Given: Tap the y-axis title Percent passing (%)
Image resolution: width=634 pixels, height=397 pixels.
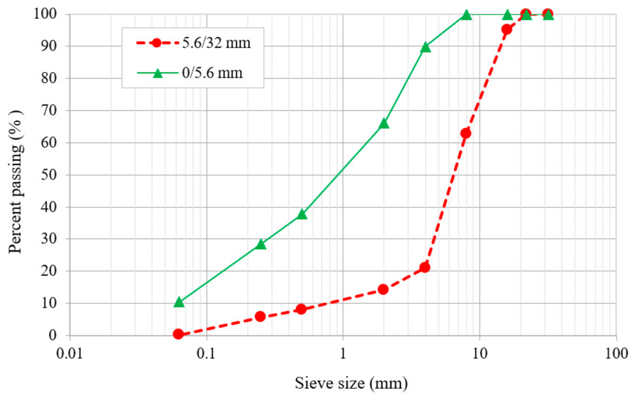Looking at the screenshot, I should tap(15, 182).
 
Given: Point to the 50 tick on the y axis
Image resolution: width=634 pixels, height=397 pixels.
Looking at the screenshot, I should tap(49, 175).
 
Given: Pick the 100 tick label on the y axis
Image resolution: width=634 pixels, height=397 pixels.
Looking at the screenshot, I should tap(45, 14).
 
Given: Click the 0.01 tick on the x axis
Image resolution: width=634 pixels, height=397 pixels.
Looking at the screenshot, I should tap(69, 353).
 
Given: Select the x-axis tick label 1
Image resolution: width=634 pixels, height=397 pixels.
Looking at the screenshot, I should tap(343, 353).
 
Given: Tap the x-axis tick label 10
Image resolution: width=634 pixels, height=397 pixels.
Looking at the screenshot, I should tap(479, 353).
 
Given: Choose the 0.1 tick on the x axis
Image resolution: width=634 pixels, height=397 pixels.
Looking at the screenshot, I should tap(206, 353).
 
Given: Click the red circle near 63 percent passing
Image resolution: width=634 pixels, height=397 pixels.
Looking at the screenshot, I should tap(466, 133).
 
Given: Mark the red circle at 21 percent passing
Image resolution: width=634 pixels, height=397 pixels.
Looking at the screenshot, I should tap(424, 267).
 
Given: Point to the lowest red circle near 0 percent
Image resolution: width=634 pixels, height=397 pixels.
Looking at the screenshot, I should tap(178, 334).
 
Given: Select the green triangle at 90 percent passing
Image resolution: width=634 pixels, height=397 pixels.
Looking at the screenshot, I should tap(425, 47).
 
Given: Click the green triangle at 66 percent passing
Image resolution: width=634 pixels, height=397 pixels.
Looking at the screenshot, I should tap(384, 124).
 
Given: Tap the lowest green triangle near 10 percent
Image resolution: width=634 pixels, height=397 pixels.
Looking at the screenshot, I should tap(179, 302).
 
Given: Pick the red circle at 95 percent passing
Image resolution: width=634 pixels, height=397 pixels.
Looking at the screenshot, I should tap(506, 29).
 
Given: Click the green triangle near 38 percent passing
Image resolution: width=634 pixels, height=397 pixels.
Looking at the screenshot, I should tap(302, 214).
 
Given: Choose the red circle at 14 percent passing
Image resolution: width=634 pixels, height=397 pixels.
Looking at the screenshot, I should tap(383, 289).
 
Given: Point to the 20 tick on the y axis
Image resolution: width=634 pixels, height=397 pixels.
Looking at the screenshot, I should tap(49, 271).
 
